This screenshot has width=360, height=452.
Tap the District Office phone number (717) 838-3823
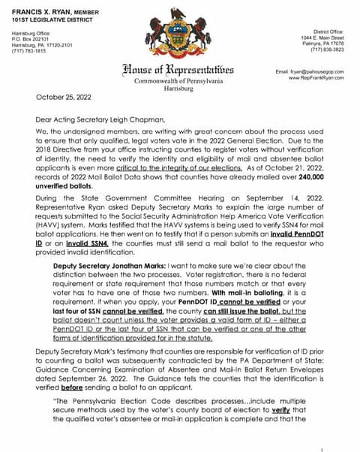pos(328,50)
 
